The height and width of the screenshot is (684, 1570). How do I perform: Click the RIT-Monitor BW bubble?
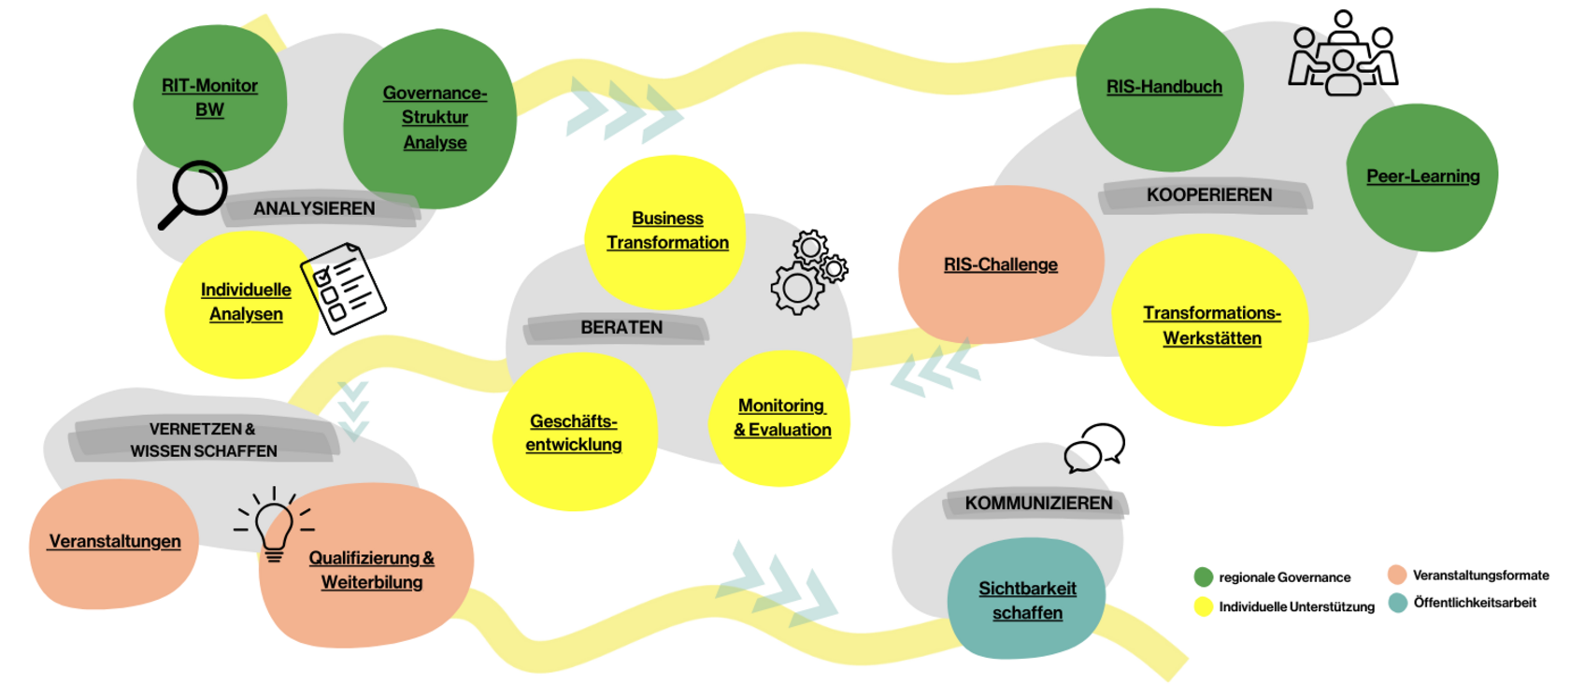(209, 98)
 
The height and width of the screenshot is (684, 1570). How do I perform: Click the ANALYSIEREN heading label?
(314, 209)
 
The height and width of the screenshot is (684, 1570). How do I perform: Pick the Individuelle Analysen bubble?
(246, 303)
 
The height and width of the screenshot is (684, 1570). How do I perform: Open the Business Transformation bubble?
(667, 231)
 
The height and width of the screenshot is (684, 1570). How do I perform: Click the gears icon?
(808, 272)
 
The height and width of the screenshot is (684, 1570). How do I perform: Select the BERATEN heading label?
(621, 328)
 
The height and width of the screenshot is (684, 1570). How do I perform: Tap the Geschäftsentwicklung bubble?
(574, 434)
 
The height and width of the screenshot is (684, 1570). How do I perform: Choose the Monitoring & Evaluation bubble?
(782, 419)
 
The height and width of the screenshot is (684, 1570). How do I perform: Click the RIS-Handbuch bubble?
(1163, 88)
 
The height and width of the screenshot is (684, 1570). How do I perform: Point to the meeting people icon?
(1343, 53)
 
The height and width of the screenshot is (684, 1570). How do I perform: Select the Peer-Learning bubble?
(1422, 177)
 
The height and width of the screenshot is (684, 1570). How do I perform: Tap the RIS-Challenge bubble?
(1000, 265)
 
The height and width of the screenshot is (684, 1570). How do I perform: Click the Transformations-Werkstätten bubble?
(1211, 326)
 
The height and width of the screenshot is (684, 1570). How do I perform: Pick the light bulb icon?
(274, 524)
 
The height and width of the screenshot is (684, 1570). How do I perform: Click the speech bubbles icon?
(1094, 448)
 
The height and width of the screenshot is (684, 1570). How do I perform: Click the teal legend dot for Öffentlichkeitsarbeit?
(1398, 603)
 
